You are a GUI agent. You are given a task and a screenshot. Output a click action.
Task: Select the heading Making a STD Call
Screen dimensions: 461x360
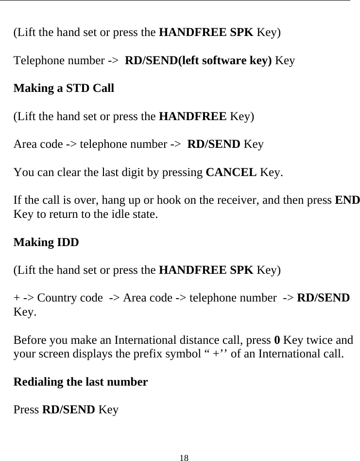pyautogui.click(x=64, y=89)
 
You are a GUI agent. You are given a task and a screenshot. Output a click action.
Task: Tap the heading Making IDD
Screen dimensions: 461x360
pyautogui.click(x=46, y=242)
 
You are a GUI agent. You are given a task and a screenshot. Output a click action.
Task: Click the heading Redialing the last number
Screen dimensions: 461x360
pyautogui.click(x=81, y=382)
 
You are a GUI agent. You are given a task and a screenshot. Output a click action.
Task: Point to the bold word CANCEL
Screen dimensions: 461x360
pyautogui.click(x=232, y=172)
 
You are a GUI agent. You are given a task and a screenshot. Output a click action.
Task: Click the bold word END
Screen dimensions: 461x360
pyautogui.click(x=348, y=200)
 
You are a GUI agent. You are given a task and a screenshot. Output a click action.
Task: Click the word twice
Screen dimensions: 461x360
pyautogui.click(x=316, y=339)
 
